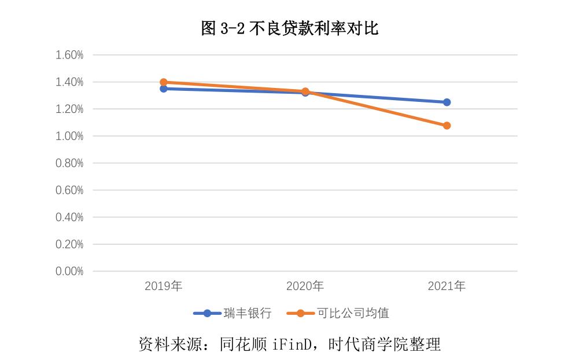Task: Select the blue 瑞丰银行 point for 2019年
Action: [164, 89]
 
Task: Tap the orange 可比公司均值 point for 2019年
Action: [164, 82]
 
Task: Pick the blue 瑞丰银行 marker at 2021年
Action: [447, 102]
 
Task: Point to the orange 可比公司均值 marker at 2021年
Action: [447, 126]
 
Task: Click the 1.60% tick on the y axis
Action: [69, 55]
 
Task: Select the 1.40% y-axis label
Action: [69, 82]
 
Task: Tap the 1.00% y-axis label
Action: [69, 136]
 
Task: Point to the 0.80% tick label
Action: [69, 163]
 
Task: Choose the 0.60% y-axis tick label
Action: [69, 190]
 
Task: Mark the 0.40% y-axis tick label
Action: [69, 217]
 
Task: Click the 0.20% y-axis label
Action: [69, 244]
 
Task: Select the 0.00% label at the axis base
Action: [69, 271]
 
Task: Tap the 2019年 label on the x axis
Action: [164, 286]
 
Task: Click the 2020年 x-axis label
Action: [305, 286]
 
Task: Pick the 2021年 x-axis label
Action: [447, 286]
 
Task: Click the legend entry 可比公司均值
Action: [352, 314]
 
